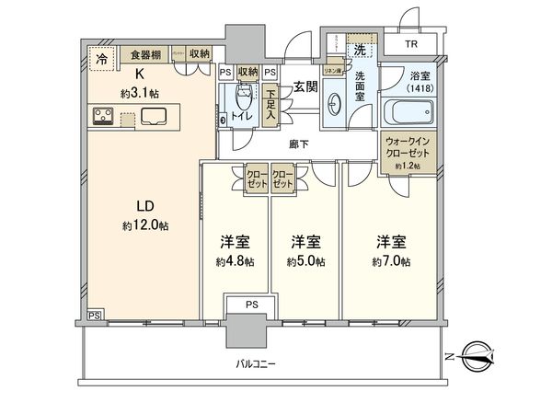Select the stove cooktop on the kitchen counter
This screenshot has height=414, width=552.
[x=103, y=117]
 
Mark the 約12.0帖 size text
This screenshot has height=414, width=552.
[x=143, y=226]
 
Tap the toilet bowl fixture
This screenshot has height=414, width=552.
[x=243, y=101]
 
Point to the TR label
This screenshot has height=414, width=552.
[x=410, y=44]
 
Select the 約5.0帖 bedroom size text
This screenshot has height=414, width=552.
[x=305, y=261]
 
